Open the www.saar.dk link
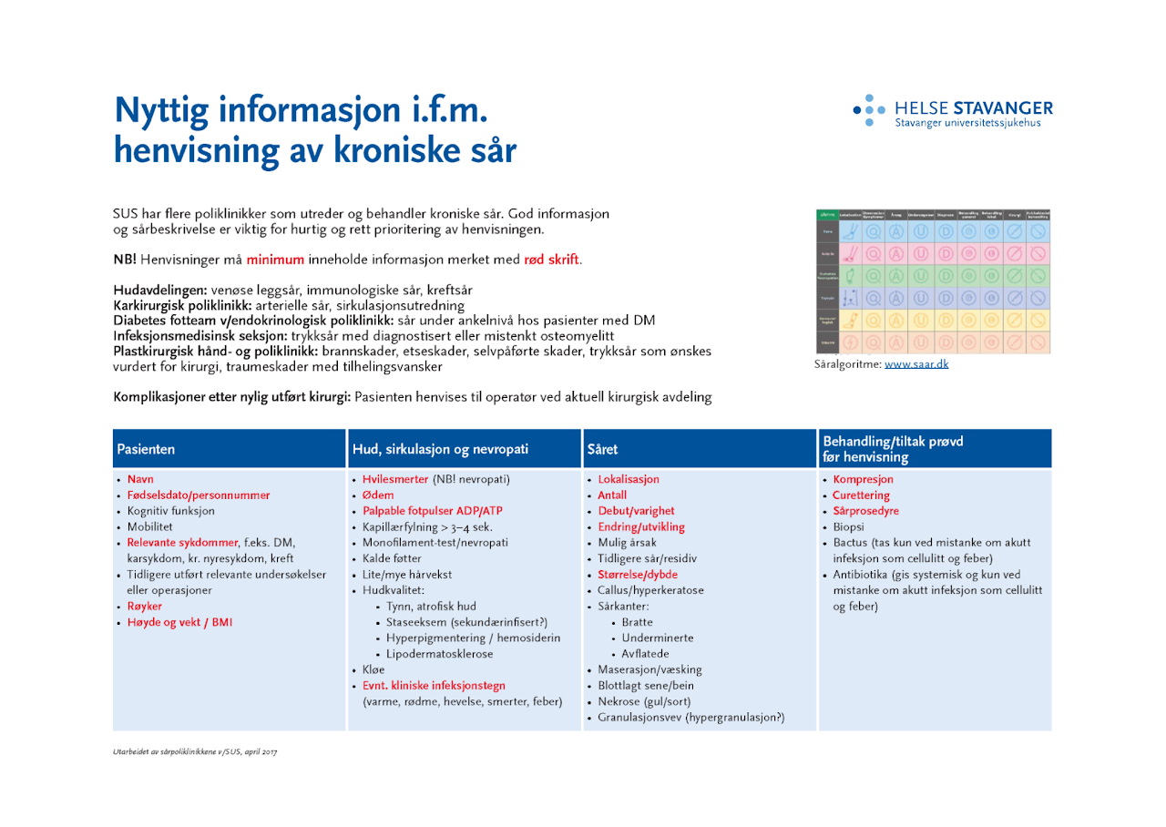point(915,364)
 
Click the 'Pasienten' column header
point(146,449)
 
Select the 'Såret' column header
point(602,449)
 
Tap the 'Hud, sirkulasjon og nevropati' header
point(440,449)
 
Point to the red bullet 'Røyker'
point(144,606)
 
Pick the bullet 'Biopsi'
point(849,527)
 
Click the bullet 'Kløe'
point(373,669)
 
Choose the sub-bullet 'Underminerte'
point(657,638)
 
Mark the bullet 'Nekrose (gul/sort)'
point(644,701)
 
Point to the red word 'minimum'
point(274,260)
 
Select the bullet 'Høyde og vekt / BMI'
point(179,622)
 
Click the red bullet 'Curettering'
point(861,495)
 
